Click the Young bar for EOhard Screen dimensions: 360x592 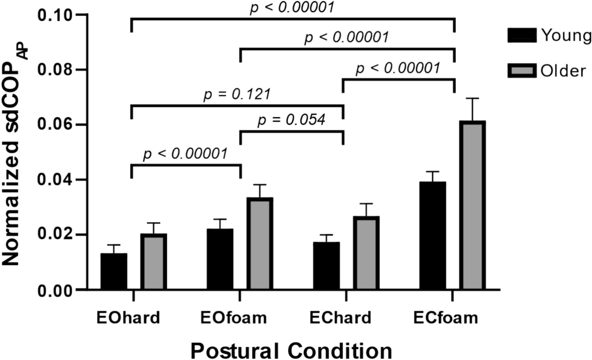(114, 272)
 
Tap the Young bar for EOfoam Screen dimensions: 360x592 (220, 259)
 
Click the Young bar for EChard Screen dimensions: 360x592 (326, 266)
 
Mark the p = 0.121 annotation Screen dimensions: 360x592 (237, 94)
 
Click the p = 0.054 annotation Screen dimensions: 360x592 (291, 121)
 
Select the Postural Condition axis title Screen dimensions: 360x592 (291, 349)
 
